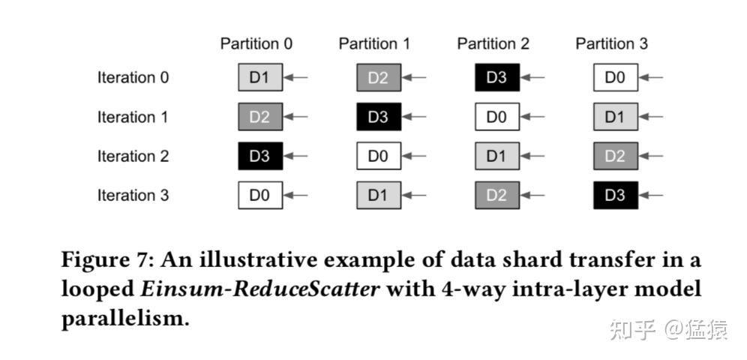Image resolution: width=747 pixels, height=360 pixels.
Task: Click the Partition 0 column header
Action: (x=256, y=44)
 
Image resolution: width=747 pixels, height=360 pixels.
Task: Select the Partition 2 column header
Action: (x=493, y=44)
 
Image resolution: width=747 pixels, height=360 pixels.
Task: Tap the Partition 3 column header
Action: (x=612, y=44)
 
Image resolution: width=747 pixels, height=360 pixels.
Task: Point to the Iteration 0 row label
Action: (x=133, y=77)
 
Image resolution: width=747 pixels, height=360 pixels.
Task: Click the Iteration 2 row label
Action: (x=133, y=156)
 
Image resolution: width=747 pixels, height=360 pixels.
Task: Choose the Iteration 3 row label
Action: (x=133, y=195)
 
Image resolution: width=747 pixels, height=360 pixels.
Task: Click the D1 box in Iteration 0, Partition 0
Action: (x=260, y=77)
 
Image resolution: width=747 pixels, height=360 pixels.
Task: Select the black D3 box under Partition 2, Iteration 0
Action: (x=497, y=77)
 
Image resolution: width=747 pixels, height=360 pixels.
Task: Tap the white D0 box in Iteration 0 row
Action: (x=616, y=77)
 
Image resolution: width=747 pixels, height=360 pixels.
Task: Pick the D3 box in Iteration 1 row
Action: (x=379, y=117)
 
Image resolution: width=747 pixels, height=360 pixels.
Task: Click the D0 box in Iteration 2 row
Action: (x=379, y=156)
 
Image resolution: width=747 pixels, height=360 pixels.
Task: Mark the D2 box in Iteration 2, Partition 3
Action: (x=616, y=156)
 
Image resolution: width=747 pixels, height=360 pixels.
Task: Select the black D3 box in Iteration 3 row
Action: (x=616, y=195)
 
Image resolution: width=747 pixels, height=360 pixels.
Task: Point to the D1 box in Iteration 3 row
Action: (x=379, y=195)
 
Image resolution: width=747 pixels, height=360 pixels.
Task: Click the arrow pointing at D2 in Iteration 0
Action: (x=414, y=77)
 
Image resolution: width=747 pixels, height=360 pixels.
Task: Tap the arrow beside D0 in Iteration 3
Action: (x=295, y=195)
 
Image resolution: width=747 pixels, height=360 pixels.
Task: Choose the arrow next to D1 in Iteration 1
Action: (x=651, y=117)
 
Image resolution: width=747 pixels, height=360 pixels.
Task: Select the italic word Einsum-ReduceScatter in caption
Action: (x=259, y=289)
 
